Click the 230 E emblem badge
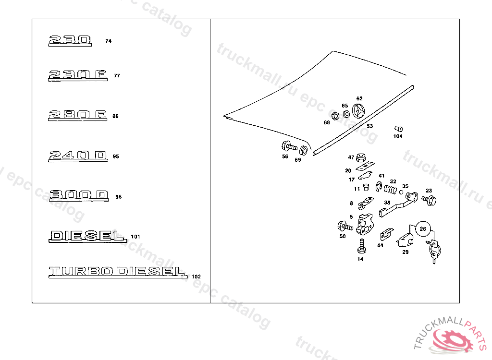pyautogui.click(x=77, y=75)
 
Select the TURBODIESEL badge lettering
pyautogui.click(x=117, y=272)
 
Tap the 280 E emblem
pyautogui.click(x=77, y=115)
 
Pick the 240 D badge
pyautogui.click(x=77, y=156)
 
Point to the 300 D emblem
pyautogui.click(x=79, y=196)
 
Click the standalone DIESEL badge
pyautogui.click(x=87, y=236)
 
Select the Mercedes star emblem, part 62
pyautogui.click(x=359, y=111)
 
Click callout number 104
pyautogui.click(x=398, y=136)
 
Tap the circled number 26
pyautogui.click(x=422, y=229)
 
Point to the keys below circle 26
pyautogui.click(x=434, y=251)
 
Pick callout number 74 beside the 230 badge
pyautogui.click(x=108, y=41)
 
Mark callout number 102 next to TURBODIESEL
pyautogui.click(x=196, y=276)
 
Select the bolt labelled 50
pyautogui.click(x=344, y=226)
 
